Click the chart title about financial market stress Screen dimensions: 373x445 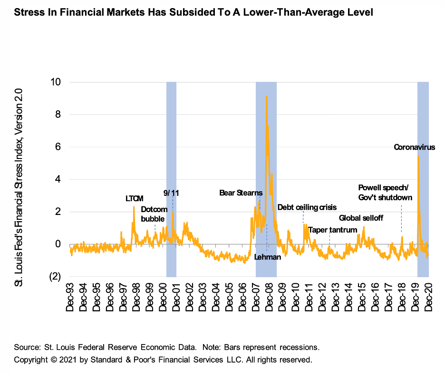click(x=193, y=13)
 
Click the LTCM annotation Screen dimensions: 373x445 click(x=134, y=198)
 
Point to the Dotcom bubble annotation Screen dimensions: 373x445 click(x=153, y=214)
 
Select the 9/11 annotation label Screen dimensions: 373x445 click(x=171, y=193)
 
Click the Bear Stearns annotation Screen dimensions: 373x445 click(x=241, y=193)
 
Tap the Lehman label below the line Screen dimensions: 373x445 click(x=268, y=257)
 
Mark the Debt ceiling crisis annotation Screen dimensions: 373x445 click(x=307, y=207)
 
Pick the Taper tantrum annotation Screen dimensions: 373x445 click(x=332, y=230)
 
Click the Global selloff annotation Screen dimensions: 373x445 click(x=361, y=218)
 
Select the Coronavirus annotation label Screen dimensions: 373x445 click(x=415, y=147)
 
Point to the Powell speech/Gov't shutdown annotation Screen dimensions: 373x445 click(x=385, y=192)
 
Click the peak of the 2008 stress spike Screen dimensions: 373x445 click(x=266, y=97)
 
